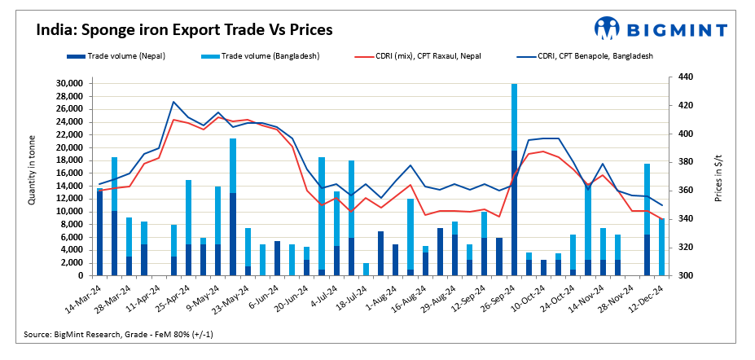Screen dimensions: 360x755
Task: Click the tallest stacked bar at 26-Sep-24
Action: coord(514,179)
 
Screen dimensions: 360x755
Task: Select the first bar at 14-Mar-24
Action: coord(100,232)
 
